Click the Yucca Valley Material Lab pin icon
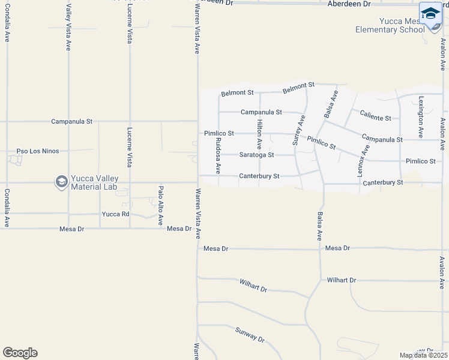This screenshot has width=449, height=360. [x=61, y=182]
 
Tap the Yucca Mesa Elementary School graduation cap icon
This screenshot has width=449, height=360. [x=430, y=14]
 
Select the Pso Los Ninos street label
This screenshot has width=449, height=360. [x=38, y=151]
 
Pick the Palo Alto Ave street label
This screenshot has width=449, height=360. [x=161, y=205]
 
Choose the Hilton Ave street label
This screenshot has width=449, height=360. [x=259, y=134]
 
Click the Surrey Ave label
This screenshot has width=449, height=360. [x=295, y=130]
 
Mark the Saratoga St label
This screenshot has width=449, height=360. [x=256, y=155]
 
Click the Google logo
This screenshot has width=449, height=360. [x=20, y=353]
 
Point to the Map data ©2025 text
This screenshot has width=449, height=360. [x=423, y=355]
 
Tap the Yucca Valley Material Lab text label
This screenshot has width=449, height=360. [x=95, y=182]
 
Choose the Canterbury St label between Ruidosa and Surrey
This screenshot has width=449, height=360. [x=259, y=176]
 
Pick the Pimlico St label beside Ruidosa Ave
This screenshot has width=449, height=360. [x=218, y=133]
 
